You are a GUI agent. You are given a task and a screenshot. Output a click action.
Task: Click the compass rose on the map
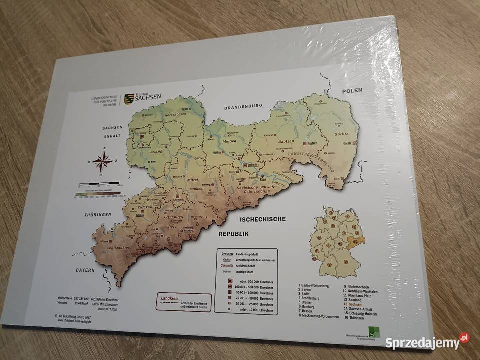coord(102,161)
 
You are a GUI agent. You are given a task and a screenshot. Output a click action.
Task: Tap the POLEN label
coord(352,91)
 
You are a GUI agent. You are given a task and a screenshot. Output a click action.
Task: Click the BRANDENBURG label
coord(243,106)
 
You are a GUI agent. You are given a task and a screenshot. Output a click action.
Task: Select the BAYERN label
coord(85,270)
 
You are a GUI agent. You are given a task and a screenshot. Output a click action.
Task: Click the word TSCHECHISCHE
coord(262,219)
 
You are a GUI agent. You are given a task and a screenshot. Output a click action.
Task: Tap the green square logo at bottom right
coord(372,333)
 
